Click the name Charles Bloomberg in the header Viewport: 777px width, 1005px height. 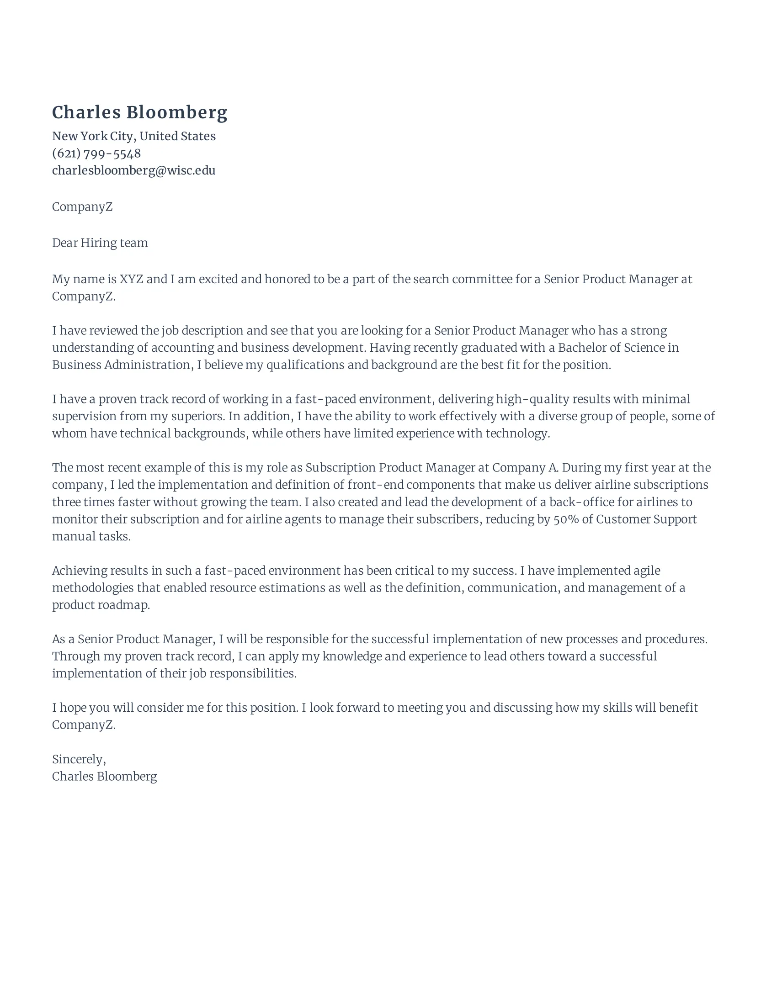coord(139,113)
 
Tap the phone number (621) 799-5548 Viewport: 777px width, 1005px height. coord(96,153)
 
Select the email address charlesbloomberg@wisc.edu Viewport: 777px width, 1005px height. coord(133,170)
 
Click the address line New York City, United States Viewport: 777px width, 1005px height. coord(133,136)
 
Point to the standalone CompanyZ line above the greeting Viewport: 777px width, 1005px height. coord(82,206)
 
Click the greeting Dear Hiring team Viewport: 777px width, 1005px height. coord(100,243)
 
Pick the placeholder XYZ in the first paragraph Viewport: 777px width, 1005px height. coord(131,279)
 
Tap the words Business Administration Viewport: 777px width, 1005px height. coord(121,365)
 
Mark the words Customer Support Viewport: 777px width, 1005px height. coord(646,519)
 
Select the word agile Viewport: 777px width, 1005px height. coord(647,571)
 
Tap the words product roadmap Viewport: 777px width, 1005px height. coord(101,605)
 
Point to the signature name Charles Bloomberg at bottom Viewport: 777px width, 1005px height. coord(104,776)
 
